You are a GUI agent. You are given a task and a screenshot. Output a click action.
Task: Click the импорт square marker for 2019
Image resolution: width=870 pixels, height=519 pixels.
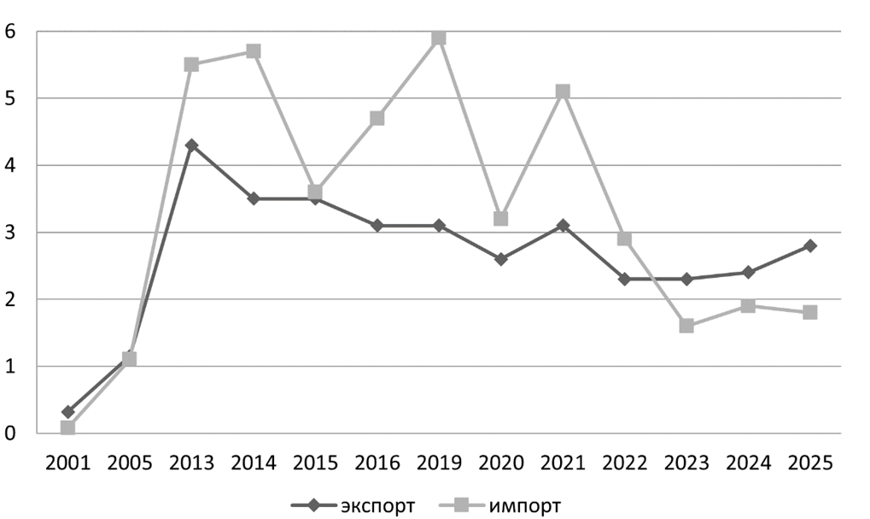tap(439, 38)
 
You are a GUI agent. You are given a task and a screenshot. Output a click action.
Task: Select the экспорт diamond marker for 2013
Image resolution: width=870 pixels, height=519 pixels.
tap(191, 145)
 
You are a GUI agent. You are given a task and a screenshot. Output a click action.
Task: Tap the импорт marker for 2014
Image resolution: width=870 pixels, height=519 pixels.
tap(254, 51)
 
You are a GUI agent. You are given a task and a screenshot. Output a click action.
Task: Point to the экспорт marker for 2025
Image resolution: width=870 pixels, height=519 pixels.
tap(810, 245)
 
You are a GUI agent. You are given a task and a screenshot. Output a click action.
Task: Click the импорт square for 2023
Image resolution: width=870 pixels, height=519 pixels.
tap(686, 326)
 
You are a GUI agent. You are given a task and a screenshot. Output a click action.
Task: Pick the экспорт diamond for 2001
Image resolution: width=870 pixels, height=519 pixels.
tap(67, 412)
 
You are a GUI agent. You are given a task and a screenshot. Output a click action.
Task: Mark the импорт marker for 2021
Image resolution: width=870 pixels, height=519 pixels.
tap(563, 91)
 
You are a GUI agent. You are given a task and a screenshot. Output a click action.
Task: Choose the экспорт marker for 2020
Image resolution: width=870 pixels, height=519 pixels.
tap(501, 259)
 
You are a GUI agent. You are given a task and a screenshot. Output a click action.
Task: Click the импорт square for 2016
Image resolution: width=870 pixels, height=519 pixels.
tap(377, 118)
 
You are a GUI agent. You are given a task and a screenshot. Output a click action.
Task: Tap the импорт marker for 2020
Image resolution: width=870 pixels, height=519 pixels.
tap(501, 219)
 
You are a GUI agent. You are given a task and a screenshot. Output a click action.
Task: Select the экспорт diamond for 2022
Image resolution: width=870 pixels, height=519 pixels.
tap(625, 279)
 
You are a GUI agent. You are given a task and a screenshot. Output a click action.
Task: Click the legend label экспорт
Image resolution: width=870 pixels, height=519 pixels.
tap(377, 505)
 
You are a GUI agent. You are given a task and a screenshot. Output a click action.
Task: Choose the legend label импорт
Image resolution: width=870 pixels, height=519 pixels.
tap(525, 505)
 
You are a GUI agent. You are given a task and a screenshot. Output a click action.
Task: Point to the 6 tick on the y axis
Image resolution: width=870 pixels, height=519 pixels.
tap(10, 31)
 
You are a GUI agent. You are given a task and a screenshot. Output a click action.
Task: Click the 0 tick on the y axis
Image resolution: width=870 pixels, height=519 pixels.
tap(10, 433)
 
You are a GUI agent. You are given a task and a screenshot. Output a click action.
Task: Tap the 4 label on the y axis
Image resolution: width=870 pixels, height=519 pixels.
tap(10, 165)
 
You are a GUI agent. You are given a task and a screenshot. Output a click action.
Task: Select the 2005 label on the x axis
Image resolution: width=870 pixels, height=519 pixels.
tap(129, 463)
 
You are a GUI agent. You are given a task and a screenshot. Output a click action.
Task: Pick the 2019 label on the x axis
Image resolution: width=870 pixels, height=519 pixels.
tap(439, 463)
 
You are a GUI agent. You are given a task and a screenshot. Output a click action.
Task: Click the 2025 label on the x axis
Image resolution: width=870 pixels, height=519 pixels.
tap(810, 463)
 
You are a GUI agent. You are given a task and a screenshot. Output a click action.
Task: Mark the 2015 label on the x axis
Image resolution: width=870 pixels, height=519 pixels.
tap(315, 463)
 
